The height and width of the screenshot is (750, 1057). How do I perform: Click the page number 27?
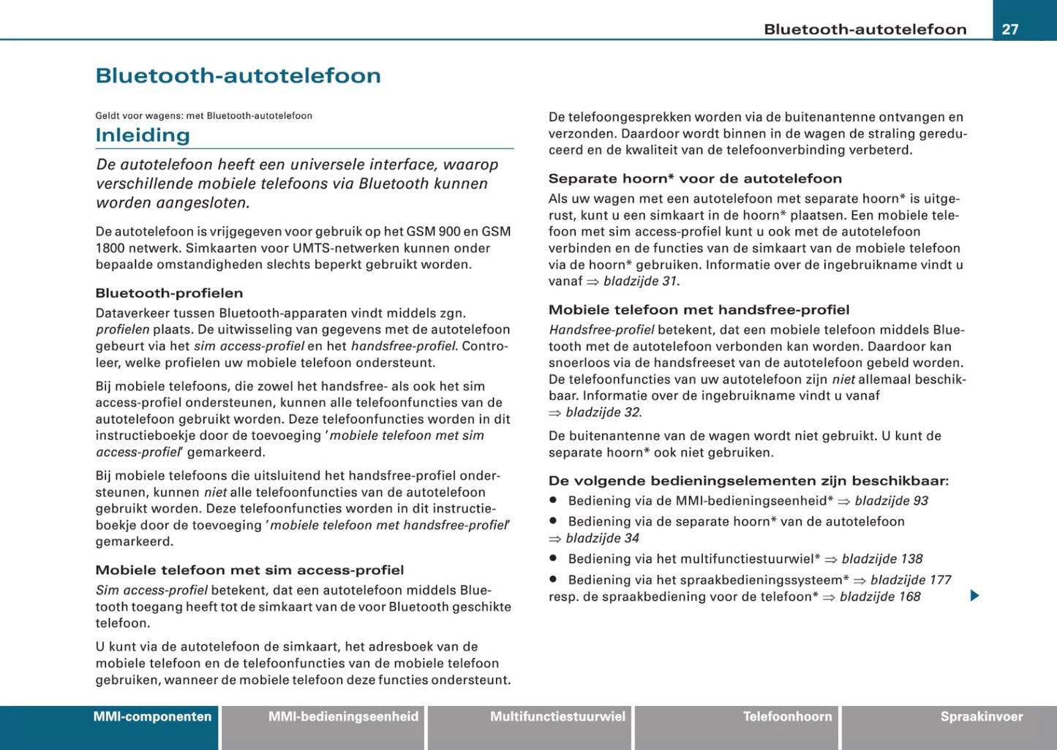coord(1009,29)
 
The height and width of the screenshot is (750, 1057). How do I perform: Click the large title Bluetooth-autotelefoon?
coord(238,76)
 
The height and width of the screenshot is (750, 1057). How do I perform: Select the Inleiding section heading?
coord(143,135)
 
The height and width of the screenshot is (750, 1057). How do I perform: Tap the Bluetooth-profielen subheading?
coord(169,293)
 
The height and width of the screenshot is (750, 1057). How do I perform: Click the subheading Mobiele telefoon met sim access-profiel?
coord(249,570)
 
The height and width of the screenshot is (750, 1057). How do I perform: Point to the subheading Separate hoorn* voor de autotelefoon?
coord(695,178)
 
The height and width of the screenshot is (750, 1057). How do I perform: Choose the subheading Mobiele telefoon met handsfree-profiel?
coord(699,310)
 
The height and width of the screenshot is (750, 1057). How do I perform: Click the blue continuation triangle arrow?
coord(974,596)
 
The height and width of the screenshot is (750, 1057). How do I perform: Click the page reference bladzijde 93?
coord(891,501)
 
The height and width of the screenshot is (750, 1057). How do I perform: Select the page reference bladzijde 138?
coord(881,559)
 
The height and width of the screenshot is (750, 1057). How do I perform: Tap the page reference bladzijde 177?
coord(910,580)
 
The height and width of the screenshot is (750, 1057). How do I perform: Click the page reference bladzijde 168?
coord(879,597)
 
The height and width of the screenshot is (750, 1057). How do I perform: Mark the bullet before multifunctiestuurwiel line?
coord(554,558)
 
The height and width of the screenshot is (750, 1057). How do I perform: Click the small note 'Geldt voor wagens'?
coord(203,115)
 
